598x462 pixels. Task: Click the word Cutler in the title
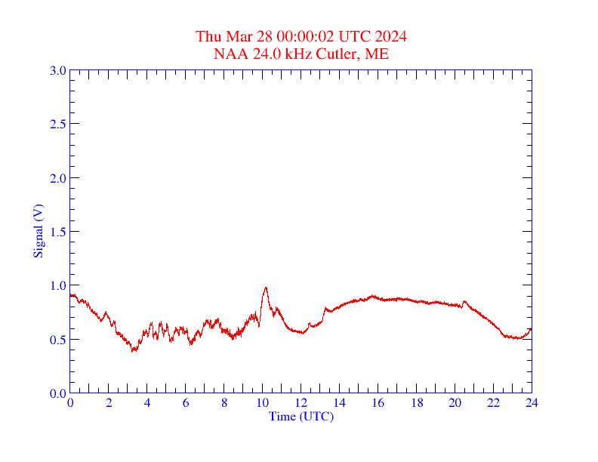[x=338, y=54]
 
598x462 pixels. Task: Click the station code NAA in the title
[x=229, y=54]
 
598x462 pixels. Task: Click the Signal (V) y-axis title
[x=37, y=231]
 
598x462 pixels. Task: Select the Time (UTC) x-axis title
[x=301, y=416]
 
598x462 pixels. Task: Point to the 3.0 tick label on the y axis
[x=57, y=70]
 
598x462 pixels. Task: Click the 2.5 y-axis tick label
[x=57, y=124]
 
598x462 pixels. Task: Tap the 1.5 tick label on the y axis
[x=57, y=232]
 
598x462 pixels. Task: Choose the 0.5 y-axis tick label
[x=57, y=340]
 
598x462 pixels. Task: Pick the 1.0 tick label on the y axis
[x=57, y=285]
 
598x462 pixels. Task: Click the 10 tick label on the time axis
[x=263, y=403]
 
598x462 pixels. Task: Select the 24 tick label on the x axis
[x=532, y=403]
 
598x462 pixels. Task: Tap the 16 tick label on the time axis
[x=378, y=403]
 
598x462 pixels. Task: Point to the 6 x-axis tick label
[x=186, y=403]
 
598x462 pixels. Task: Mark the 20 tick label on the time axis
[x=455, y=403]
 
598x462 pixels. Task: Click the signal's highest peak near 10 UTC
[x=266, y=288]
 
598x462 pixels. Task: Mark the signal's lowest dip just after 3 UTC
[x=133, y=351]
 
